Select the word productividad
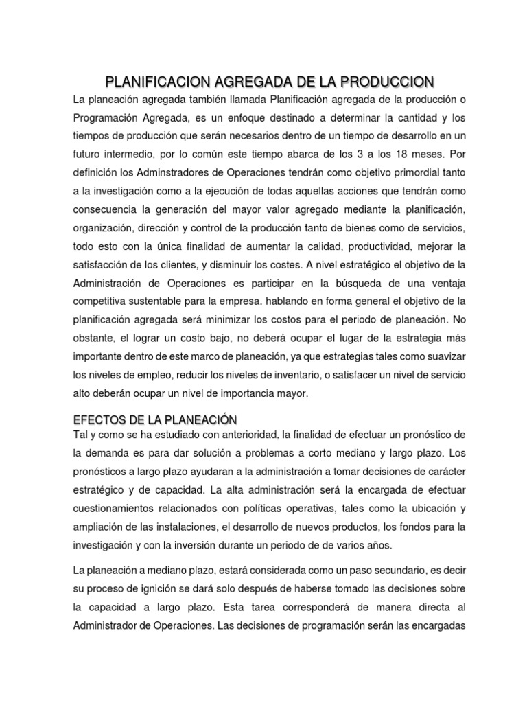[373, 246]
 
